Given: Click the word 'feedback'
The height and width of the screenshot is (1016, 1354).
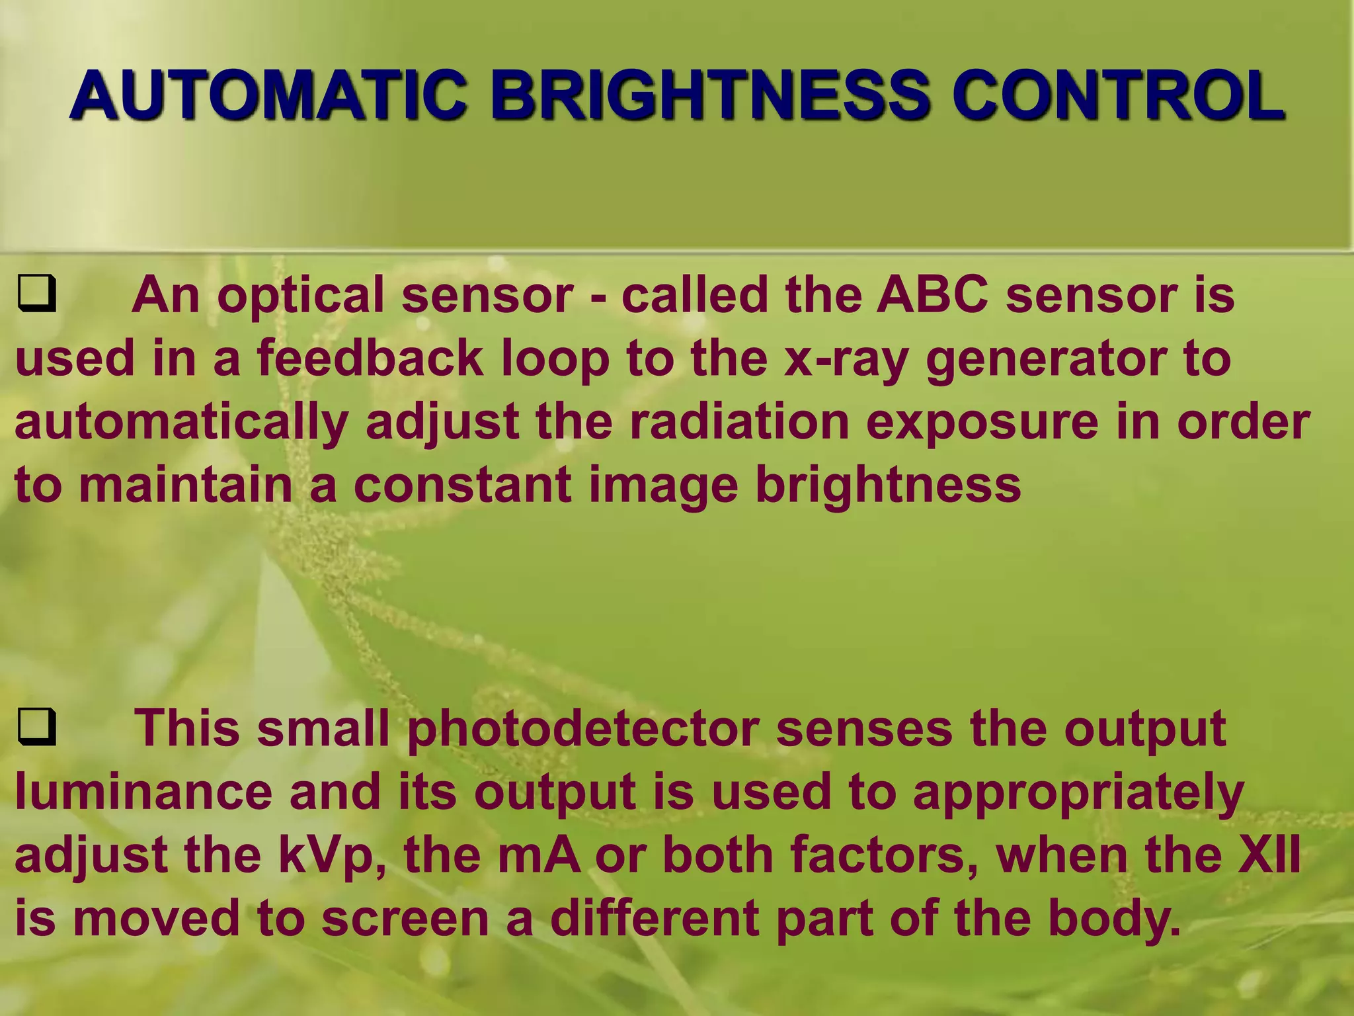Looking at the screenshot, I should point(370,358).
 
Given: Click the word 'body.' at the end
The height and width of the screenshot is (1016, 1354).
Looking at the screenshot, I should point(1114,918).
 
